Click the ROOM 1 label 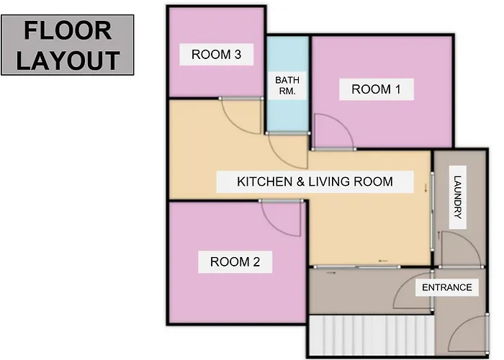pyautogui.click(x=376, y=89)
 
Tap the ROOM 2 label pyautogui.click(x=235, y=262)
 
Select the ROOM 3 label pyautogui.click(x=216, y=55)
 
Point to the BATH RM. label pyautogui.click(x=287, y=86)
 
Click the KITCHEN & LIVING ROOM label pyautogui.click(x=315, y=181)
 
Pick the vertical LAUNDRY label pyautogui.click(x=458, y=197)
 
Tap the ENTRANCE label pyautogui.click(x=447, y=287)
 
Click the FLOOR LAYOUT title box pyautogui.click(x=68, y=45)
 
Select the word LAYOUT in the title pyautogui.click(x=68, y=60)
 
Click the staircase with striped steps pyautogui.click(x=372, y=335)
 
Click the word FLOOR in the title pyautogui.click(x=68, y=30)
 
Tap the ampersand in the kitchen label pyautogui.click(x=300, y=181)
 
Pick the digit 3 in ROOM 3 pyautogui.click(x=238, y=55)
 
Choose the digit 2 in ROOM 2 pyautogui.click(x=256, y=262)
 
